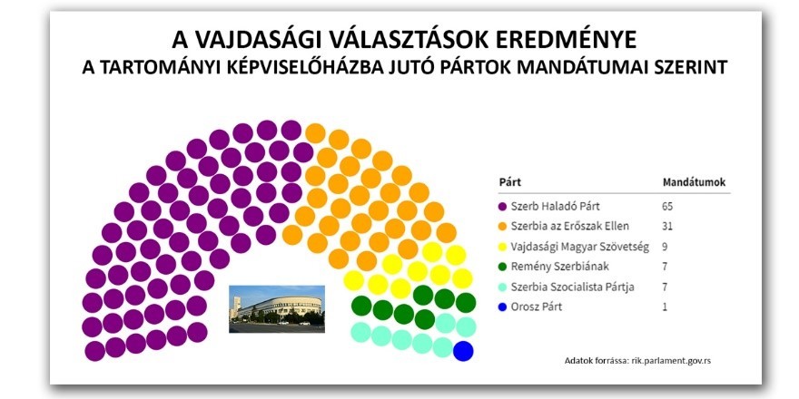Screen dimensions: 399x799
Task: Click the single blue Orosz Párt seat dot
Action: [x=463, y=351]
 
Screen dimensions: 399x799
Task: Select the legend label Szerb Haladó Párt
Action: [x=555, y=207]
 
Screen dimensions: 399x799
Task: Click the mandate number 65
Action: [x=668, y=207]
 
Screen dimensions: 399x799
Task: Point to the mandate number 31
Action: [x=667, y=226]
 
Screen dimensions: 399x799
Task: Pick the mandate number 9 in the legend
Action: [x=666, y=247]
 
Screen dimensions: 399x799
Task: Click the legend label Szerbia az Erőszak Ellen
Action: [x=569, y=226]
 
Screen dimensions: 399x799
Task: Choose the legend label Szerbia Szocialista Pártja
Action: [x=574, y=287]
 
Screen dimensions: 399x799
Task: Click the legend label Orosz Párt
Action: [x=538, y=307]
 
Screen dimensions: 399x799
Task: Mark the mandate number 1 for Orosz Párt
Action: [x=666, y=307]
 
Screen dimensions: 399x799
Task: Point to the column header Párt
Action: [x=509, y=181]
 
